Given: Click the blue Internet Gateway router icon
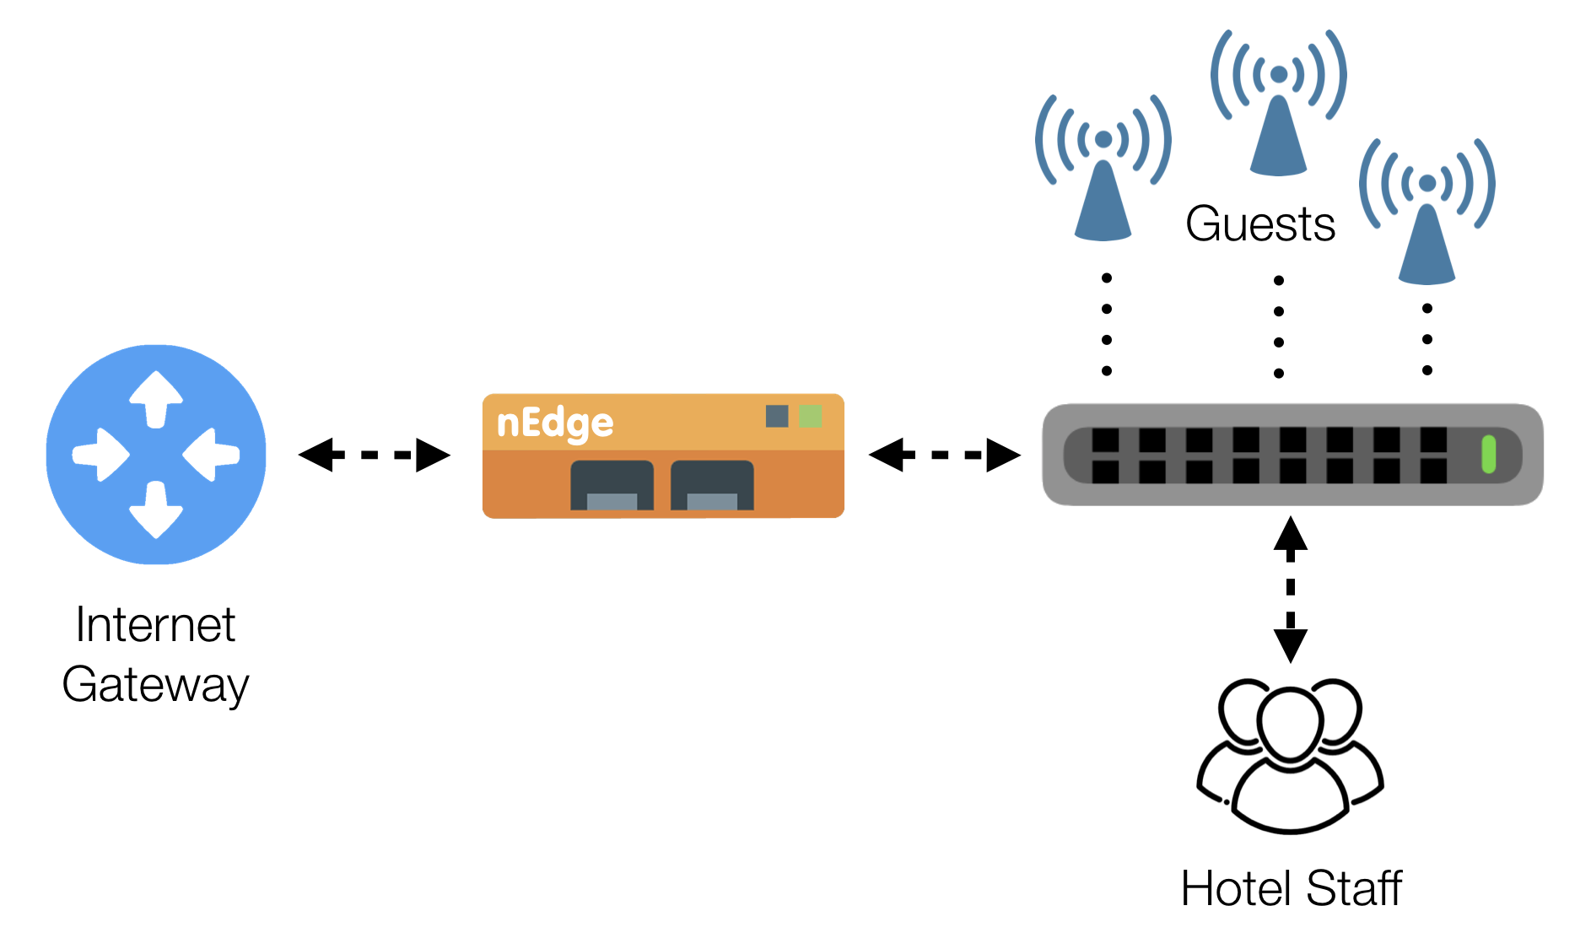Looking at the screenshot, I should coord(155,454).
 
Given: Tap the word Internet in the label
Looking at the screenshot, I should coord(155,625).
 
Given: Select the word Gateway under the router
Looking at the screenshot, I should coord(155,684).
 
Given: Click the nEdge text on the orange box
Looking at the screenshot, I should coord(554,423).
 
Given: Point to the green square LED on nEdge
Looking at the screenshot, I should coord(810,416).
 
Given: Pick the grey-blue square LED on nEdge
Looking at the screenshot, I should coord(776,416).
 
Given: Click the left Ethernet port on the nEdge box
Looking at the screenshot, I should coord(612,486).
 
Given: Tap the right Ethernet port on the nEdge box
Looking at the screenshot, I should coord(712,486).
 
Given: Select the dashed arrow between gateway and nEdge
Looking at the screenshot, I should coord(374,455).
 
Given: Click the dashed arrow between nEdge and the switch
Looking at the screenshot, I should coord(944,455).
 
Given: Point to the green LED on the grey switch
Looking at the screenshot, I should coord(1488,455).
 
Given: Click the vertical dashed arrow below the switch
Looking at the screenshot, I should coord(1290,590).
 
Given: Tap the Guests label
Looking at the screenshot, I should coord(1259,224).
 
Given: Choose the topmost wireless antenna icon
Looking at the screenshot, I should coord(1278,101).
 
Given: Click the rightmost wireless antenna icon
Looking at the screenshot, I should coord(1427,211).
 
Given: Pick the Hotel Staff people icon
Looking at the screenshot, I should coord(1290,756).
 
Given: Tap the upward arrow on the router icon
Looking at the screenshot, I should coord(156,397).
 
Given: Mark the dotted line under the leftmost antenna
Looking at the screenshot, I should coord(1106,325).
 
